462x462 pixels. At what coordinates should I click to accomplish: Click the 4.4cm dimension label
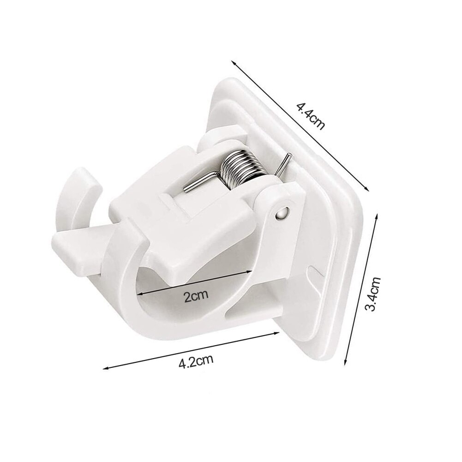[310, 117]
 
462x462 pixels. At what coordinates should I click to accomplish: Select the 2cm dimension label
[196, 295]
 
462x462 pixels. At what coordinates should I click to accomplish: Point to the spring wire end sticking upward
[285, 162]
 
